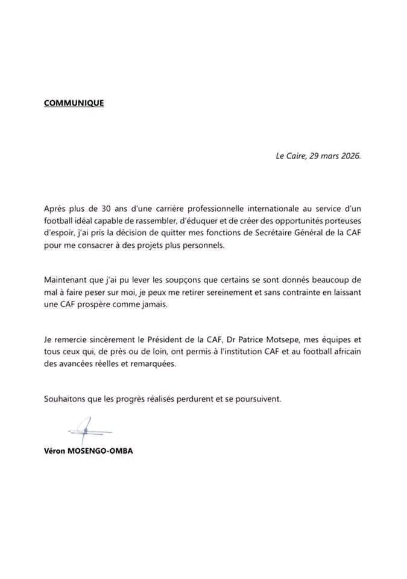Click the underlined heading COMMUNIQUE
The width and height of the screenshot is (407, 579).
pyautogui.click(x=74, y=103)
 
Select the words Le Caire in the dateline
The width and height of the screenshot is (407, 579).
pyautogui.click(x=288, y=156)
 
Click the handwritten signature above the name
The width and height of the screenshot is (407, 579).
pyautogui.click(x=88, y=430)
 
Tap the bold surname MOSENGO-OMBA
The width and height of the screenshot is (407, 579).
pyautogui.click(x=103, y=451)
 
